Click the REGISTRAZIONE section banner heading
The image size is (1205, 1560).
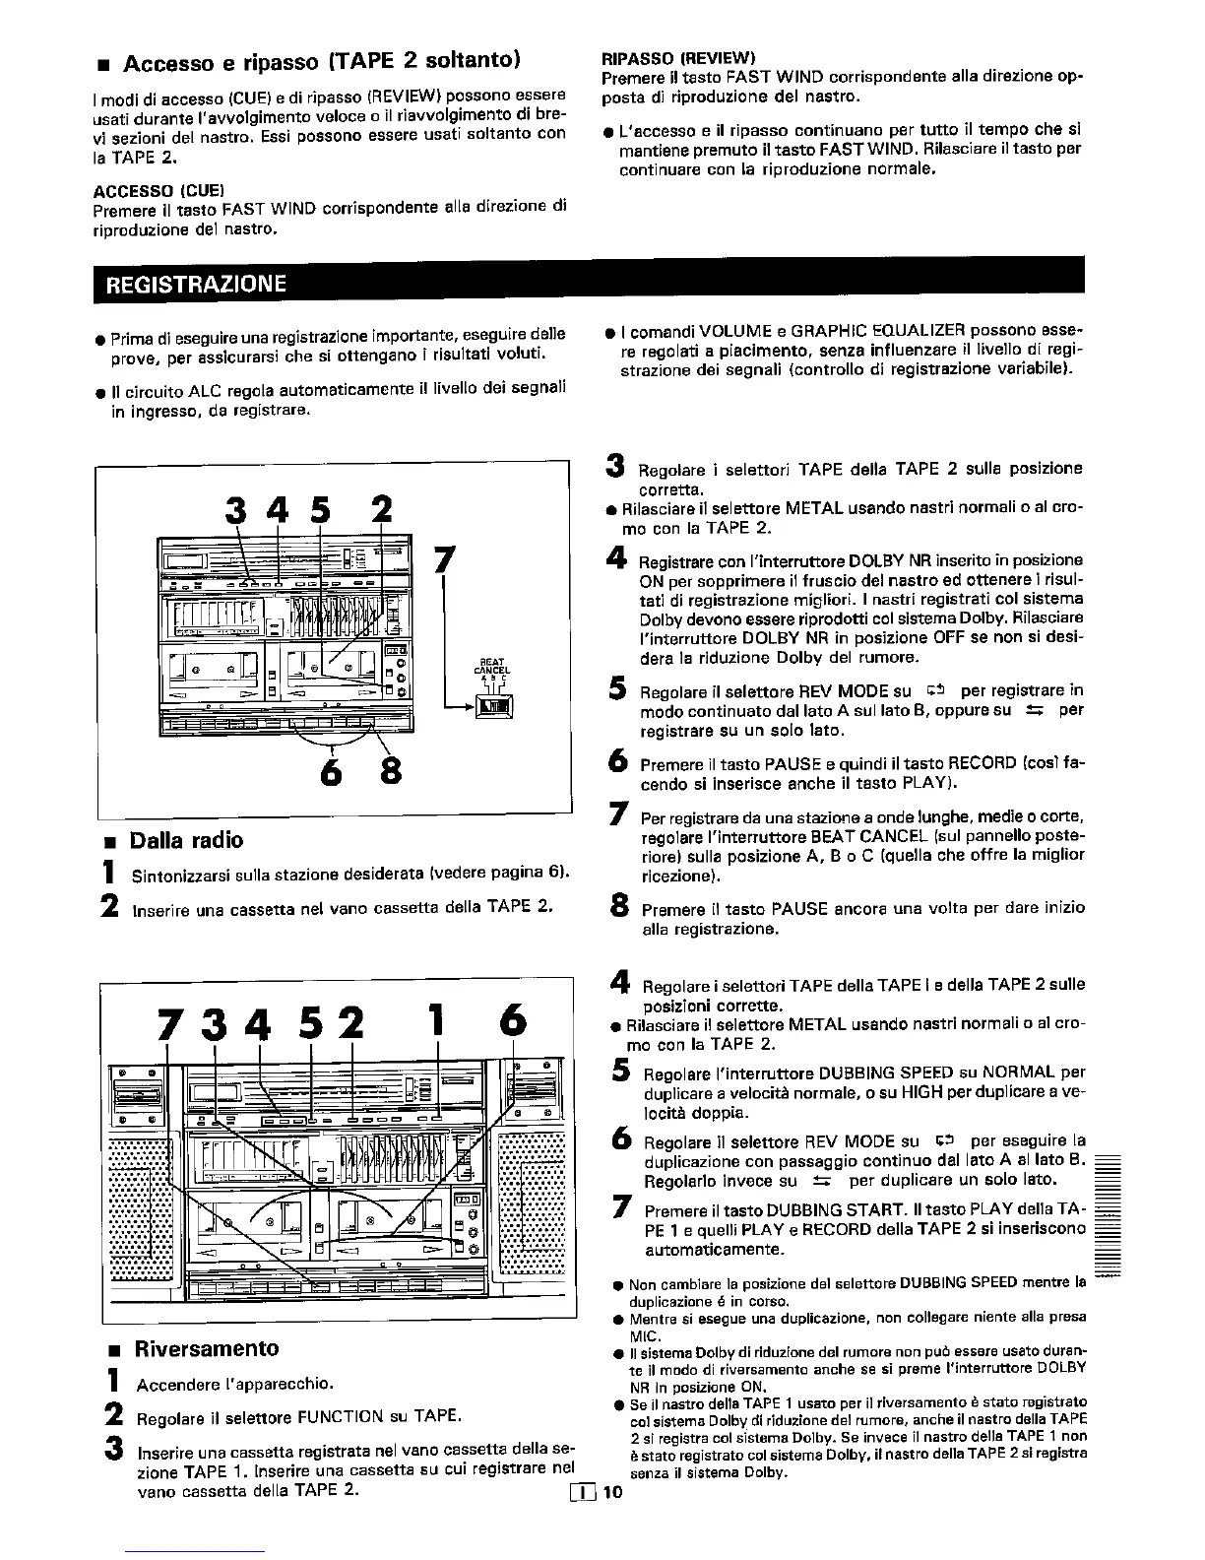tap(195, 284)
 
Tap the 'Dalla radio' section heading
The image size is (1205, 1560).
tap(186, 840)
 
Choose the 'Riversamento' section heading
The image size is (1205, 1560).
tap(207, 1348)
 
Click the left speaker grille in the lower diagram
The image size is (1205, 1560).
tap(140, 1211)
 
